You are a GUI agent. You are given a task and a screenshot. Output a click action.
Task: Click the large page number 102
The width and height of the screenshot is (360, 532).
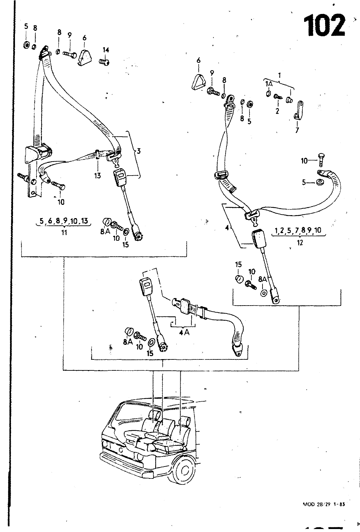(324, 26)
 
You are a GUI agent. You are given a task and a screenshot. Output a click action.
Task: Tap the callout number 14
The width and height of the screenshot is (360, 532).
(106, 50)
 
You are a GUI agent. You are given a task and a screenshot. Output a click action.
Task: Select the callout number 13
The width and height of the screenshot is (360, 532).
(97, 175)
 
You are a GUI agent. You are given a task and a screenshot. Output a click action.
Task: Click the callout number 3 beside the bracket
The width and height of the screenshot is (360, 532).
(139, 151)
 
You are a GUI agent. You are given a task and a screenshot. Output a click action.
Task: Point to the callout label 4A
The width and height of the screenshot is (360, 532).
(184, 332)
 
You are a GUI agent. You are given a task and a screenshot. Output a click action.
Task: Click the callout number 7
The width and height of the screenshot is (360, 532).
(297, 130)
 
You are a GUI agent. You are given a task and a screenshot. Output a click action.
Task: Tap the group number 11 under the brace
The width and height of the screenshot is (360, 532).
(64, 232)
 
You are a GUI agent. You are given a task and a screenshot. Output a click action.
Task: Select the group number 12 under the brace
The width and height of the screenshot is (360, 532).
(300, 243)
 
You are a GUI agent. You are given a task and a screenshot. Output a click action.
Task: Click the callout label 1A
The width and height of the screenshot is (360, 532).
(269, 84)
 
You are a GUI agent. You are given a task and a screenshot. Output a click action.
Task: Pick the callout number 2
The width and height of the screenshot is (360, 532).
(277, 111)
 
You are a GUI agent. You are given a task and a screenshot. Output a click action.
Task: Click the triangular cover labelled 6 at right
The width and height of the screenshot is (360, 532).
(199, 82)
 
